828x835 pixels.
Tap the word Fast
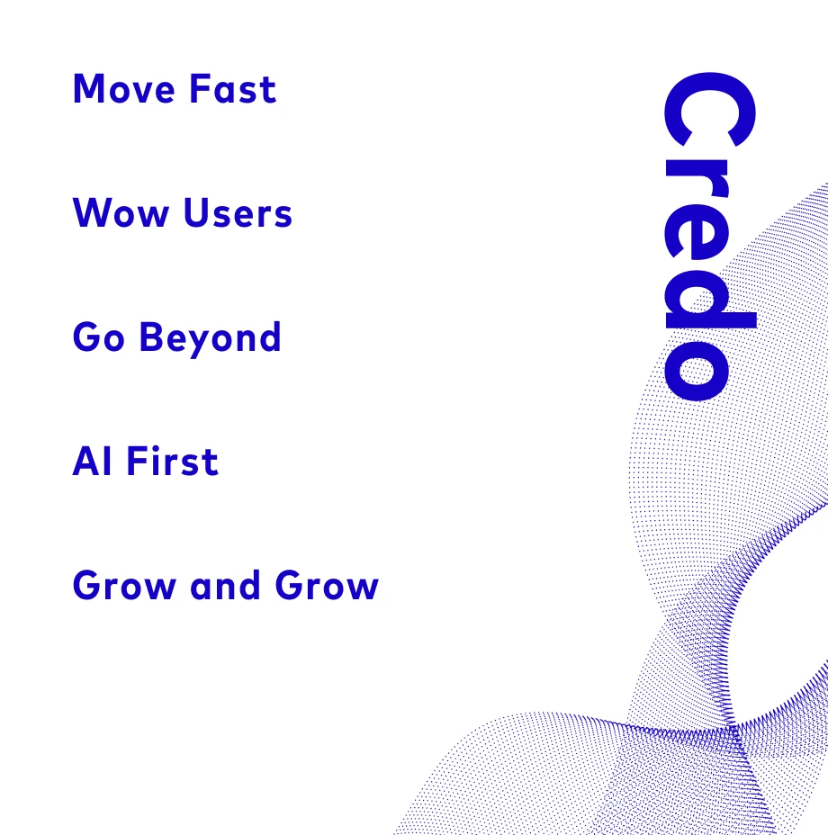tap(233, 90)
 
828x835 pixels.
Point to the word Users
tap(238, 214)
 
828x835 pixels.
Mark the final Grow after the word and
tap(327, 586)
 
